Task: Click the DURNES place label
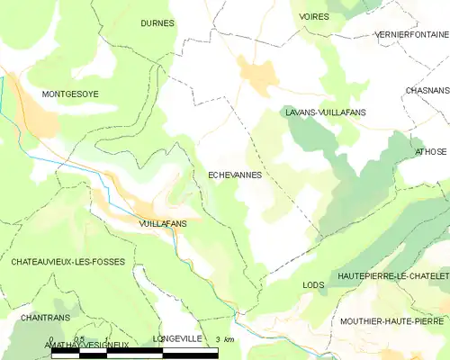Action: coord(157,23)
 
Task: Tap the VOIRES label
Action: coord(314,17)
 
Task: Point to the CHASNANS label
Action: coord(427,91)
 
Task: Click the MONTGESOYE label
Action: coord(72,94)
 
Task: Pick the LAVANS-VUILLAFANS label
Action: coord(325,112)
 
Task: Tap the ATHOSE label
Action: coord(430,152)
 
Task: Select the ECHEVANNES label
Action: coord(235,175)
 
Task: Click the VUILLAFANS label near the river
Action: coord(163,221)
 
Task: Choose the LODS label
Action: coord(313,285)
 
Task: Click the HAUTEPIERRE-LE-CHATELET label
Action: coord(391,274)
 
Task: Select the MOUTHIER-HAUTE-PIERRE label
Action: coord(392,320)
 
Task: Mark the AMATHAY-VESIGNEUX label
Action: coord(87,345)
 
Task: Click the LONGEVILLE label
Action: coord(178,338)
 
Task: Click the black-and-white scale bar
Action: coord(135,354)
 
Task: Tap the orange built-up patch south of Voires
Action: coord(257,76)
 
